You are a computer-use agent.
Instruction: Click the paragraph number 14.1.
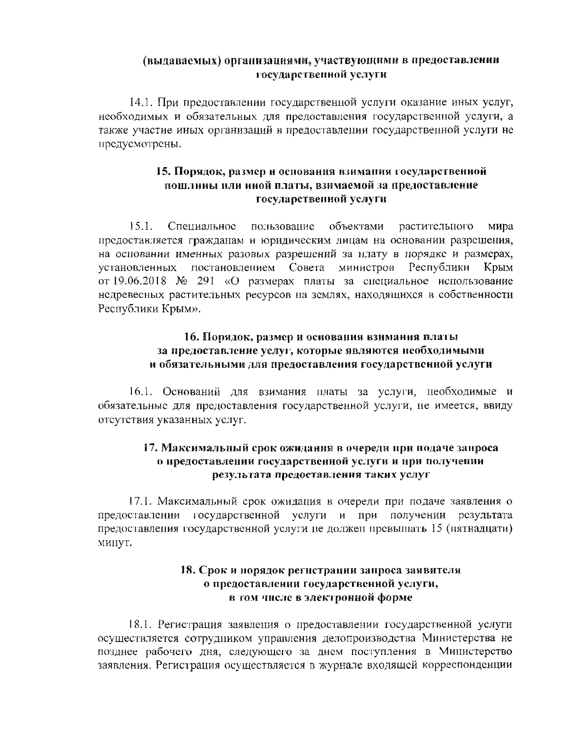point(141,102)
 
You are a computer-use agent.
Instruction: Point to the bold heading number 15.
point(163,171)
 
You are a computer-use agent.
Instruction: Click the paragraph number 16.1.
point(141,391)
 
